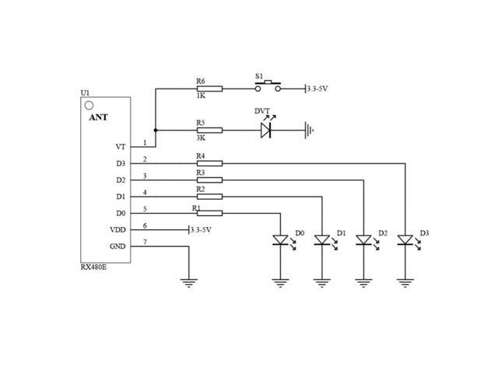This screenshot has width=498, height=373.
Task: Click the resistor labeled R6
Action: pyautogui.click(x=209, y=89)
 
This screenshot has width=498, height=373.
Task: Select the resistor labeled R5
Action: pyautogui.click(x=209, y=131)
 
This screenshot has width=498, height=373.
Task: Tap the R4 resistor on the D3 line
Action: pyautogui.click(x=209, y=163)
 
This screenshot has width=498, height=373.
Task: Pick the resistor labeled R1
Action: pyautogui.click(x=209, y=213)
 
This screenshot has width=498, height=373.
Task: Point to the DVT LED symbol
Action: pyautogui.click(x=267, y=130)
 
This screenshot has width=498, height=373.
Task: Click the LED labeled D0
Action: pyautogui.click(x=280, y=241)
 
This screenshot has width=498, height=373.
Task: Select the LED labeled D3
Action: pyautogui.click(x=405, y=241)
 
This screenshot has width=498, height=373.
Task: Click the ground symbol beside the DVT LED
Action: pyautogui.click(x=311, y=130)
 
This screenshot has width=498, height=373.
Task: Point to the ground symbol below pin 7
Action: pyautogui.click(x=188, y=283)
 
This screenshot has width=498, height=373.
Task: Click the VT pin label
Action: pyautogui.click(x=120, y=146)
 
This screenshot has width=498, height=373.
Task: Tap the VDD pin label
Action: pyautogui.click(x=117, y=230)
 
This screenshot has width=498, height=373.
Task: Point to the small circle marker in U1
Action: pyautogui.click(x=89, y=105)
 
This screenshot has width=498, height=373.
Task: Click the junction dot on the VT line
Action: pyautogui.click(x=156, y=131)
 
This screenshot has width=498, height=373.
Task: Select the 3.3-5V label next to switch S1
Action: pyautogui.click(x=318, y=89)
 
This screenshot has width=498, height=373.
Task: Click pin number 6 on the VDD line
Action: pyautogui.click(x=144, y=225)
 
